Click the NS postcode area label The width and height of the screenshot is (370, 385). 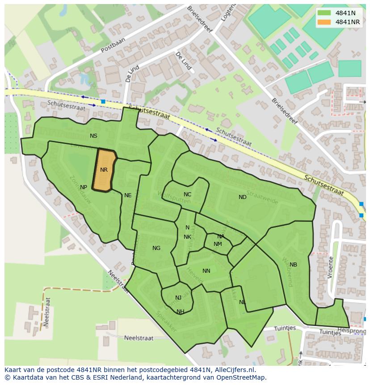coord(93,136)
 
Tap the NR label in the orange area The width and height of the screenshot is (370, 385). coord(104,170)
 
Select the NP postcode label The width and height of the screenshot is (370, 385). coord(84,187)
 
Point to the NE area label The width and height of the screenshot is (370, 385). coord(128,195)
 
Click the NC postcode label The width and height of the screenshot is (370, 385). coord(187,195)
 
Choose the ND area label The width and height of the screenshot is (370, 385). coord(242,197)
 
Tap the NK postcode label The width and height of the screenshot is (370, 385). coord(187,237)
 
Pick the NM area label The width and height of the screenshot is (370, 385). coord(218,244)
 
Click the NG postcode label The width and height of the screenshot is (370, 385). coord(156,248)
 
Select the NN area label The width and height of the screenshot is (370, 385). coord(206,271)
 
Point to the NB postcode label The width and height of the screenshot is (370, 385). coord(293,265)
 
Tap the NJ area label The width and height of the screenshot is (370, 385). coord(178,298)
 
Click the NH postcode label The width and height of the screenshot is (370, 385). coord(181,312)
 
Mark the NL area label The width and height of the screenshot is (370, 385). coord(242,302)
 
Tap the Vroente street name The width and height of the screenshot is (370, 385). coord(330,267)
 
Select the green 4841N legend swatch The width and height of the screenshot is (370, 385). coord(324,13)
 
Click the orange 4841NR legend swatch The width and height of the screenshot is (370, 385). coord(324,22)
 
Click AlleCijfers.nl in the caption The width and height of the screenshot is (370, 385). coord(229,370)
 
